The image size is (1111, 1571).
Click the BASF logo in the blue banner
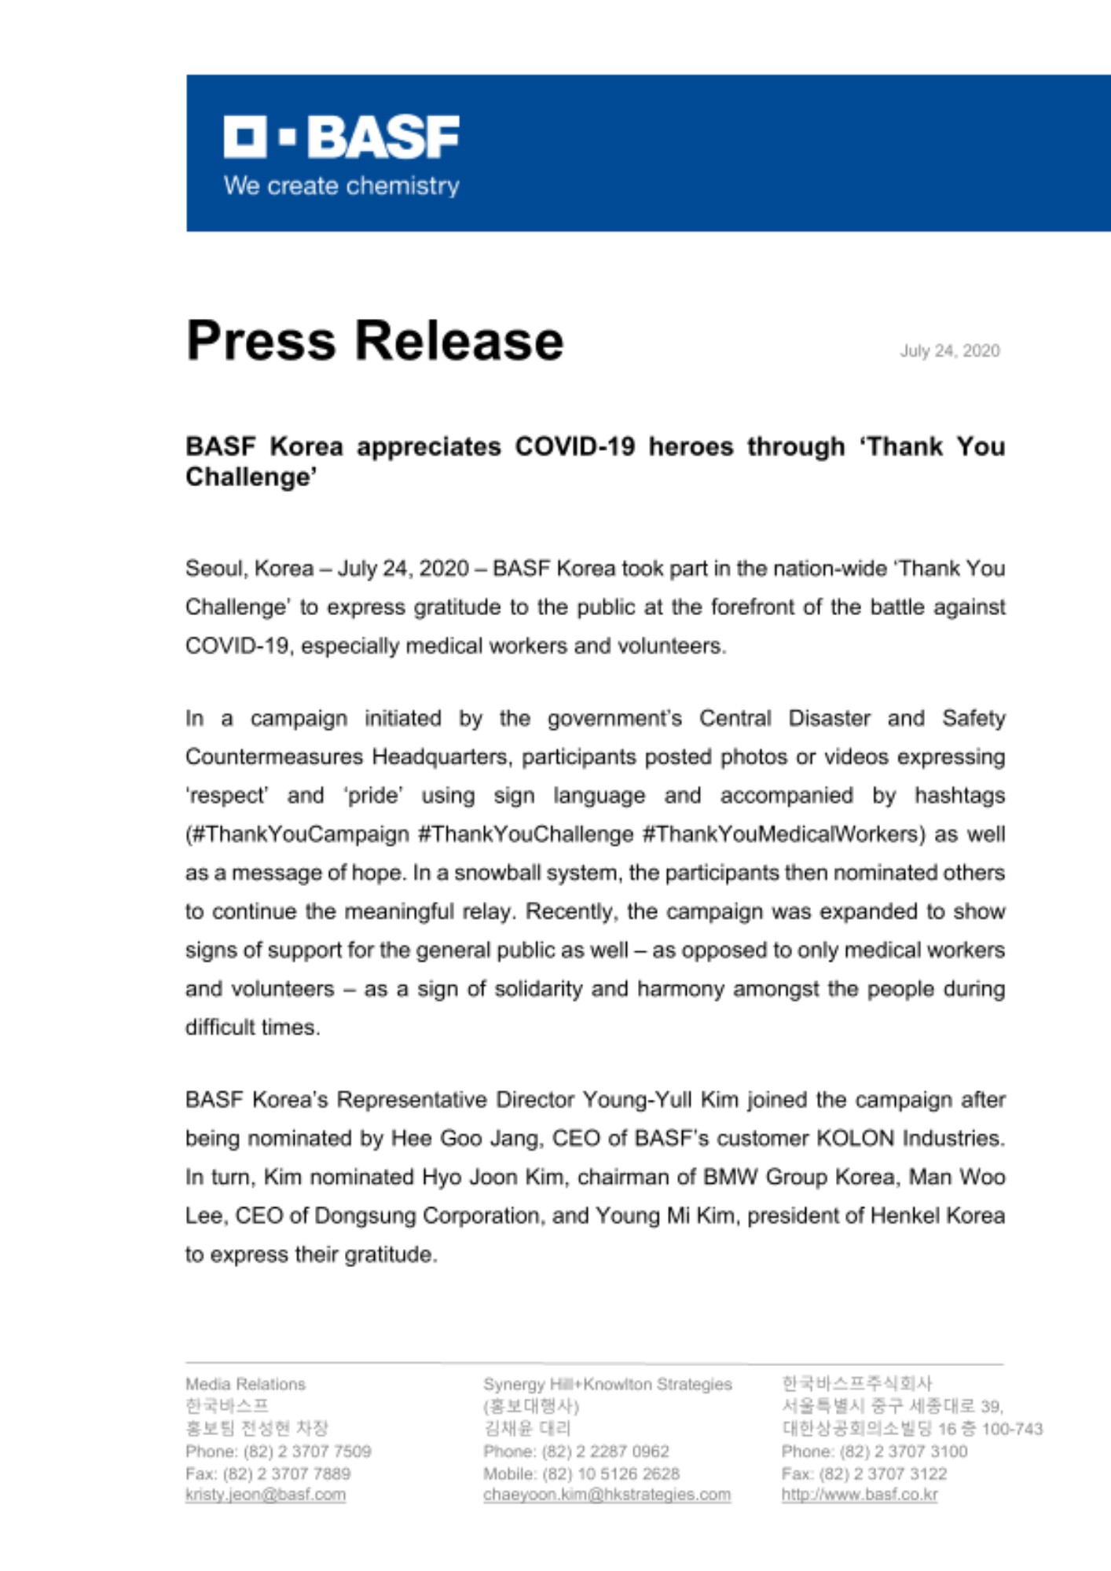click(x=341, y=137)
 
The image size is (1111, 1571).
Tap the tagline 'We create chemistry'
click(x=341, y=186)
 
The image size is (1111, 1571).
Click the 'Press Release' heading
click(x=375, y=341)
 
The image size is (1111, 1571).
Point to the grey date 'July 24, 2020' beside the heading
click(x=949, y=351)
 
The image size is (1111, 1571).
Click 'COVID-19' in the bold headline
click(x=574, y=447)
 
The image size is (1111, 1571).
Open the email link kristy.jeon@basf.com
click(x=266, y=1495)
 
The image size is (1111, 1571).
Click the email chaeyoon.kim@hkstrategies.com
click(x=607, y=1495)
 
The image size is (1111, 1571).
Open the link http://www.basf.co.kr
click(x=860, y=1495)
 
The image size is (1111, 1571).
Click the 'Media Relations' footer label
click(x=245, y=1384)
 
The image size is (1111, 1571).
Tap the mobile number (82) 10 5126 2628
click(x=610, y=1474)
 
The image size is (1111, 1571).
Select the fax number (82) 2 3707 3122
click(x=883, y=1474)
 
